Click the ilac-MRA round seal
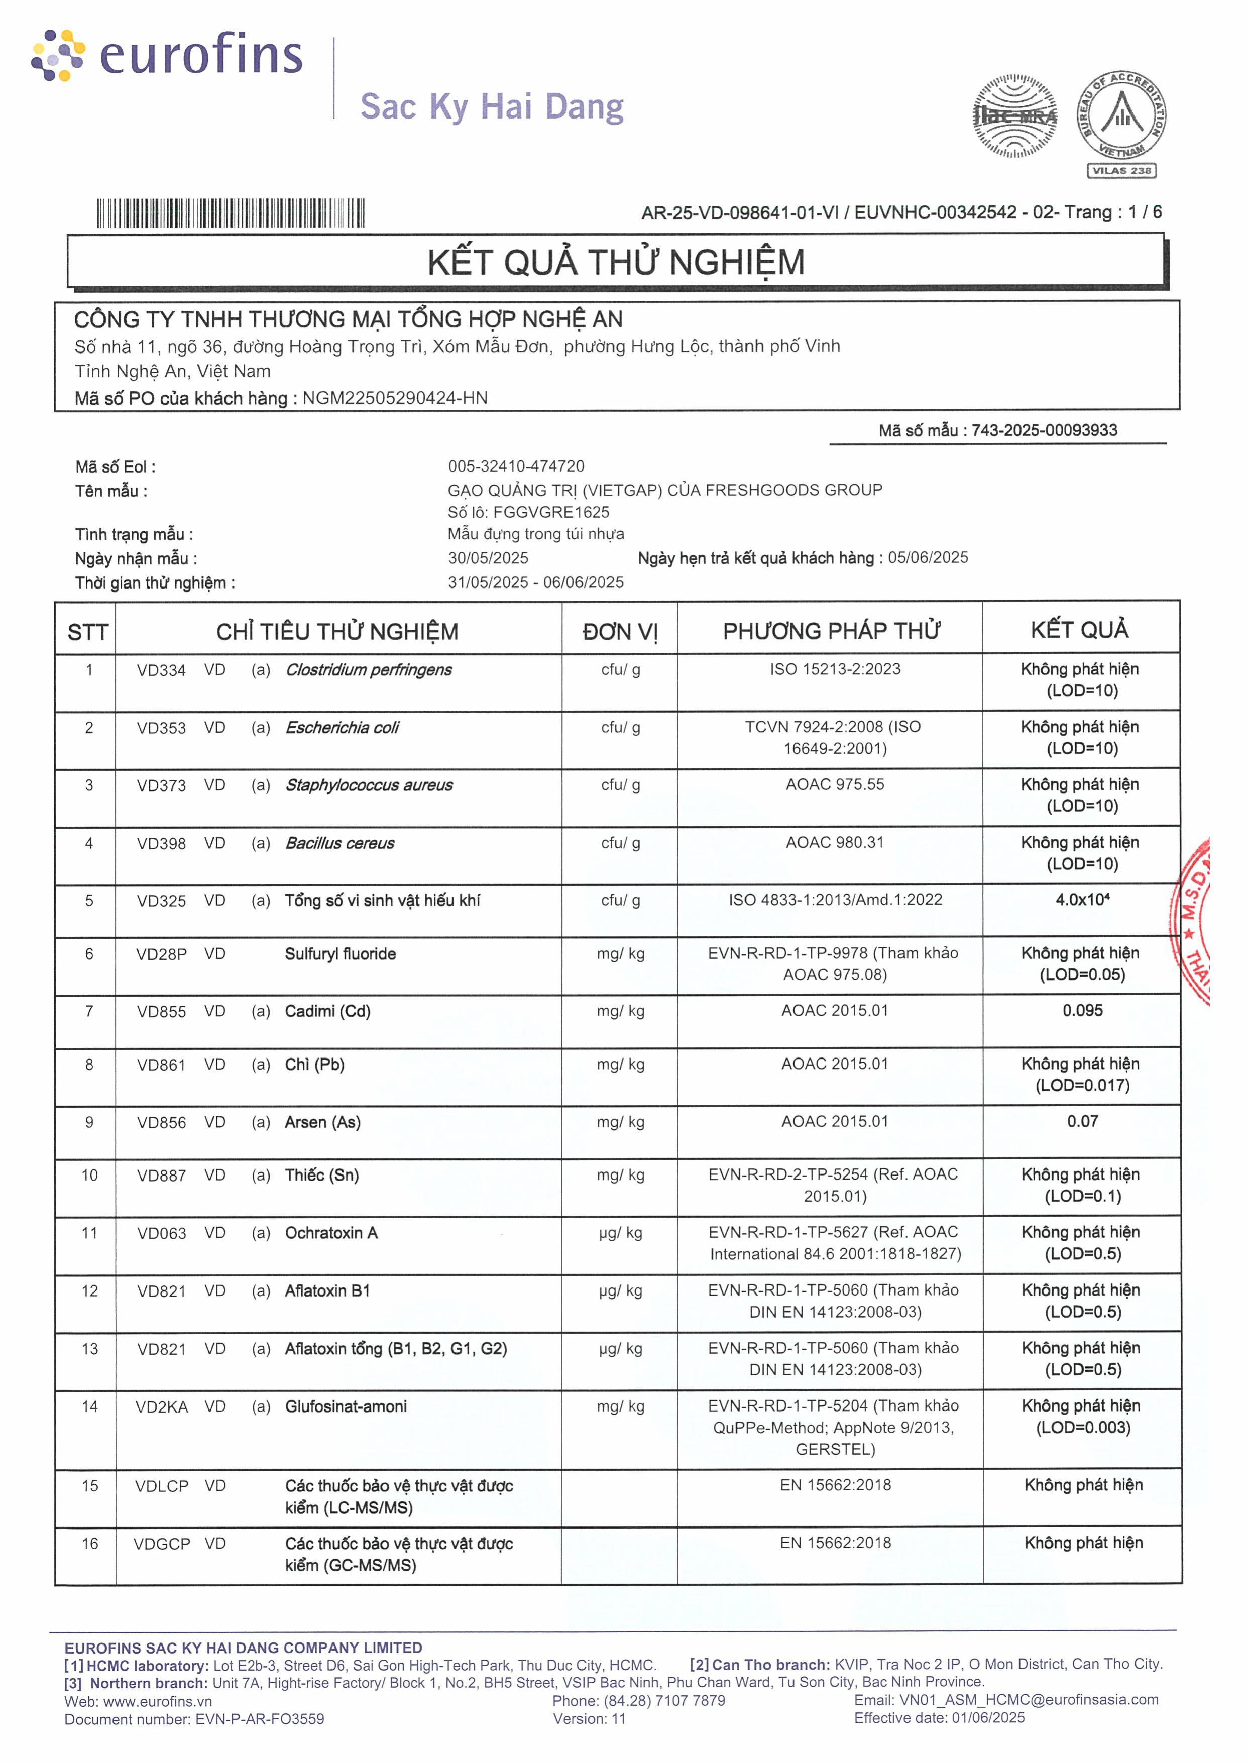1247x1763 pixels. [1015, 116]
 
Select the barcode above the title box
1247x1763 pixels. [231, 213]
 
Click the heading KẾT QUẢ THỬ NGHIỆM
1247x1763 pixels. [616, 262]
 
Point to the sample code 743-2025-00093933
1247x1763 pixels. [1044, 430]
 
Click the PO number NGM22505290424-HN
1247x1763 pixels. [395, 398]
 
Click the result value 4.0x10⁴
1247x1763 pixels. [1082, 899]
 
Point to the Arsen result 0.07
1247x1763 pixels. [1082, 1121]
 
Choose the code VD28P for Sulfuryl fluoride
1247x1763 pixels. [161, 954]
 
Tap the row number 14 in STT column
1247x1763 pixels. [90, 1406]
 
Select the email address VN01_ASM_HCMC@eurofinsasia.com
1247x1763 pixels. [1028, 1699]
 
